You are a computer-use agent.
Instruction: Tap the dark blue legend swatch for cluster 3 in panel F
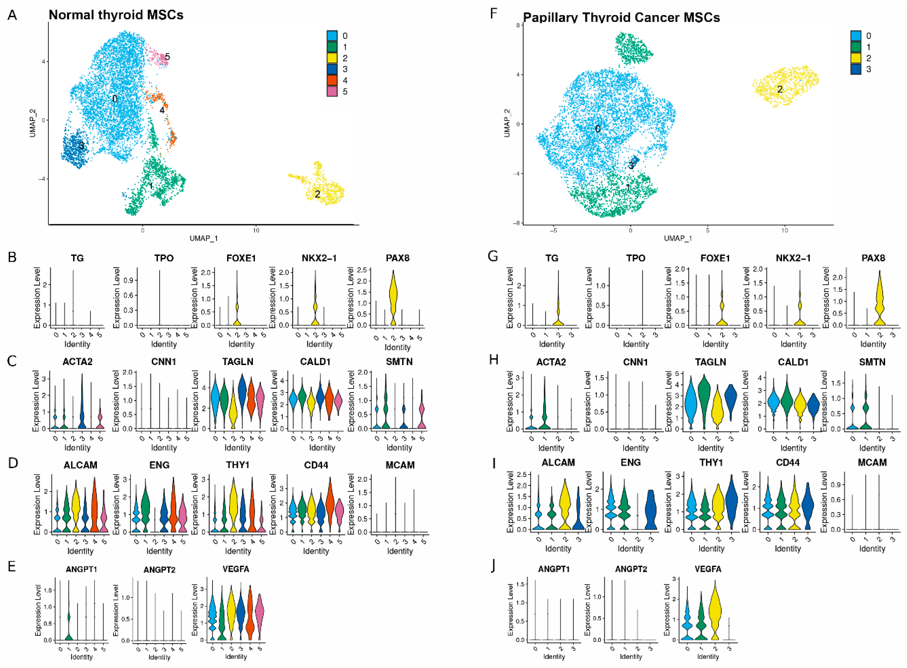(x=855, y=69)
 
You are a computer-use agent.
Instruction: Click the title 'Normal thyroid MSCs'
(x=116, y=15)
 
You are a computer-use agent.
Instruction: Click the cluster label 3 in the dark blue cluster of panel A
(x=81, y=146)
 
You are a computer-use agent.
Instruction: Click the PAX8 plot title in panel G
(x=873, y=258)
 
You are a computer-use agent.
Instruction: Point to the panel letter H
(x=493, y=360)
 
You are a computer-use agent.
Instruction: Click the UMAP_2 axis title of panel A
(x=33, y=120)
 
